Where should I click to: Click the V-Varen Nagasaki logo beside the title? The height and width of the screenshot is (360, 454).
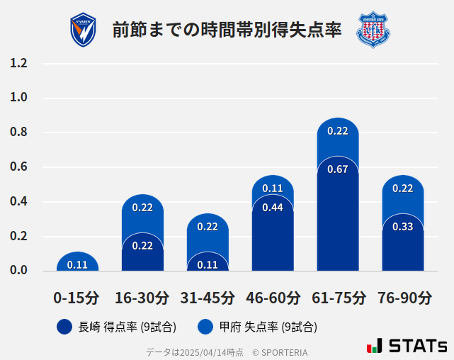click(x=84, y=30)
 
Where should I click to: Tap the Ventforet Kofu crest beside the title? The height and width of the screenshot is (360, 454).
click(x=373, y=30)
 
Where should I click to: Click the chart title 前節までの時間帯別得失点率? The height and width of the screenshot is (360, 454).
click(x=227, y=30)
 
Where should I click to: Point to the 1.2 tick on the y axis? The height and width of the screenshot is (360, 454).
click(x=19, y=64)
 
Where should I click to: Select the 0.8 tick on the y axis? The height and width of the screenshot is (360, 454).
click(x=19, y=133)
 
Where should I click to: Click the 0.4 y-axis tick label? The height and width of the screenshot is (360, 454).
click(x=19, y=202)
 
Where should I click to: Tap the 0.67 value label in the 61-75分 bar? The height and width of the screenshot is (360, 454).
click(x=338, y=169)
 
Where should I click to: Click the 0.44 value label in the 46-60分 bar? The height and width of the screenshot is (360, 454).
click(x=273, y=208)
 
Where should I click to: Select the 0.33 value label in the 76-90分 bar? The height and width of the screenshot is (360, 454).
click(x=403, y=227)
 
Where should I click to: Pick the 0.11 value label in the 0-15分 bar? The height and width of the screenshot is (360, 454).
click(x=77, y=265)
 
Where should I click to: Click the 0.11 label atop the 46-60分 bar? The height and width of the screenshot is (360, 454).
click(x=273, y=189)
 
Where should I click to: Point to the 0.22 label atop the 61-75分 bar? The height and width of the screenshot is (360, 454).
click(x=338, y=131)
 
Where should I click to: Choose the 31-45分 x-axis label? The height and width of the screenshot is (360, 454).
click(x=208, y=298)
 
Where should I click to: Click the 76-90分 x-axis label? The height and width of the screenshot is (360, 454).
click(x=403, y=298)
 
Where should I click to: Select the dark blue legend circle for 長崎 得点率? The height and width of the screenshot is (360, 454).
click(x=65, y=327)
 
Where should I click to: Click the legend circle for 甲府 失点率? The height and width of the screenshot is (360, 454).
click(x=206, y=327)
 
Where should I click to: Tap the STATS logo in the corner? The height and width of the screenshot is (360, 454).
click(x=407, y=346)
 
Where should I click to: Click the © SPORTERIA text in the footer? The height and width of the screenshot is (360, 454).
click(x=280, y=352)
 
